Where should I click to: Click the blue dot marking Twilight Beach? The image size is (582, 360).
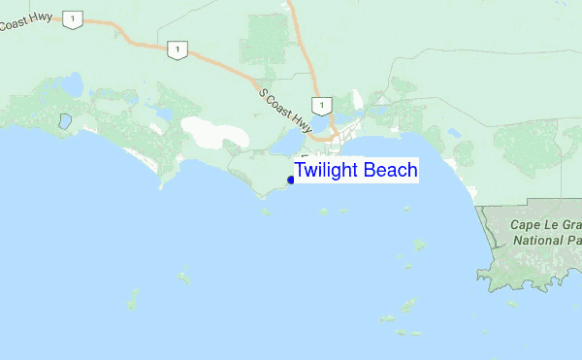291,180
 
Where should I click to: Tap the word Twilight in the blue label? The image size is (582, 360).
327,171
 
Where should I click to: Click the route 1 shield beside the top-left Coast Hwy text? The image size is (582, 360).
73,18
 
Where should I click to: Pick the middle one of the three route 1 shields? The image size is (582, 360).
176,49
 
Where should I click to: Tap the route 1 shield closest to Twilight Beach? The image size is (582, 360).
320,104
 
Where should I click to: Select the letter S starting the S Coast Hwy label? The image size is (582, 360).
264,93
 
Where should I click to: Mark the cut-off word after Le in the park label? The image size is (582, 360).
572,224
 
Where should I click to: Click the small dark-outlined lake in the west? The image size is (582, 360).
64,122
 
